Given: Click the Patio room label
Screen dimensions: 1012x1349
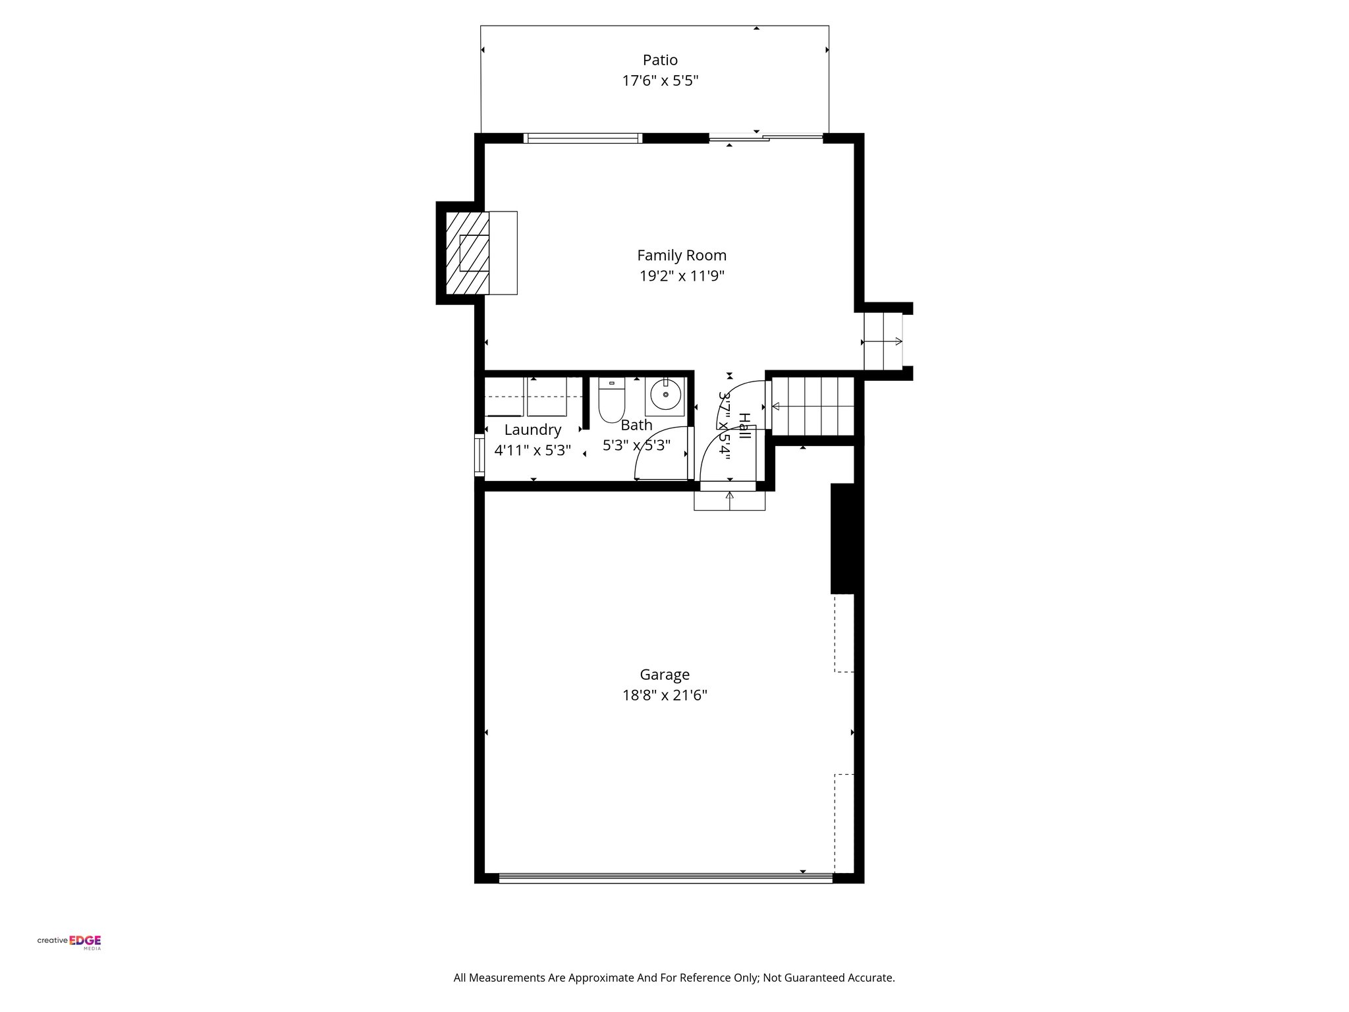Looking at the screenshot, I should (660, 60).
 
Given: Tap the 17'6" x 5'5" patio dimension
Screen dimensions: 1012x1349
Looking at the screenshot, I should (660, 81).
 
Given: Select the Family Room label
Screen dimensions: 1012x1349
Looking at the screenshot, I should (682, 255).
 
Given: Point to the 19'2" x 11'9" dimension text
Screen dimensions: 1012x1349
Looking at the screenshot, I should (682, 276).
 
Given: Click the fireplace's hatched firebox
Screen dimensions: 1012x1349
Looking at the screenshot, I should (468, 253).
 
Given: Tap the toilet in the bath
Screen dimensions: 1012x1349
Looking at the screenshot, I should (611, 401).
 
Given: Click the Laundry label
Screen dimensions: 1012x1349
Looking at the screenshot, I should (533, 430).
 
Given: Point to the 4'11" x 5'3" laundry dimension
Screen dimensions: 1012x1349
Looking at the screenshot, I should (533, 451).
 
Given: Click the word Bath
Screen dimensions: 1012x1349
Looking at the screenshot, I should (636, 426).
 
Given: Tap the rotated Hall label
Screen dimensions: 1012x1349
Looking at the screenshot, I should (744, 426).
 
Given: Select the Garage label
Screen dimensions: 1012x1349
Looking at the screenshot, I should (665, 675).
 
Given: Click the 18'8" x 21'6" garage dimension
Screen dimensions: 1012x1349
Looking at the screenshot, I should (665, 696).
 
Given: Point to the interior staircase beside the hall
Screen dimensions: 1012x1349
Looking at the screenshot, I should (813, 406).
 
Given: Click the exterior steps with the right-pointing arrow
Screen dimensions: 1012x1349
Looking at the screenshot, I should (883, 341).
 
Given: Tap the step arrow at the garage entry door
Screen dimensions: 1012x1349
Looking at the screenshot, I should (729, 500).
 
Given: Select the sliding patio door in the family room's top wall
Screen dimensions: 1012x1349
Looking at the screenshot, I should (765, 138).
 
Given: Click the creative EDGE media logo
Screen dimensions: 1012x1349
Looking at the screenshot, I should (69, 942).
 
